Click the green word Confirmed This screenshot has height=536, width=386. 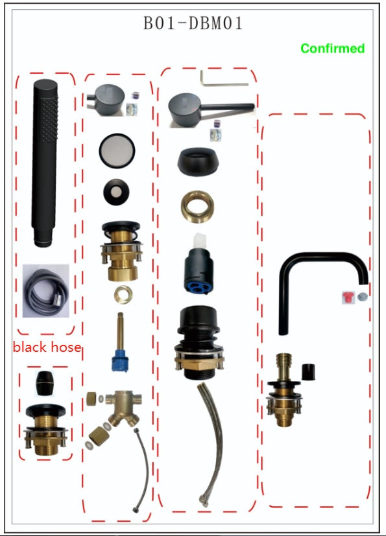point(333,48)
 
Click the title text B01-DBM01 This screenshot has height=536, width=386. point(193,23)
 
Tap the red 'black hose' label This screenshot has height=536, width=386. point(47,347)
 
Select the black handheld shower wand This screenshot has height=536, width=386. point(45,163)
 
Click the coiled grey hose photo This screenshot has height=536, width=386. point(46,291)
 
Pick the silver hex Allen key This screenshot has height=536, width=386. point(224,79)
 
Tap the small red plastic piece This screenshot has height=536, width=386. point(347,297)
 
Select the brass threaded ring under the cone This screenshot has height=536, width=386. point(197,207)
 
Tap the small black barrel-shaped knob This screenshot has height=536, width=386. point(45,383)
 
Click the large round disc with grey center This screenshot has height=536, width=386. point(117,151)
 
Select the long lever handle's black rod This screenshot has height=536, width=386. point(228,108)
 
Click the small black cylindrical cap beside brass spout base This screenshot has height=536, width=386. point(308,372)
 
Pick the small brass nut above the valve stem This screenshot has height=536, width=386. point(123,294)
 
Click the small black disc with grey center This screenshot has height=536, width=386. point(116,192)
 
